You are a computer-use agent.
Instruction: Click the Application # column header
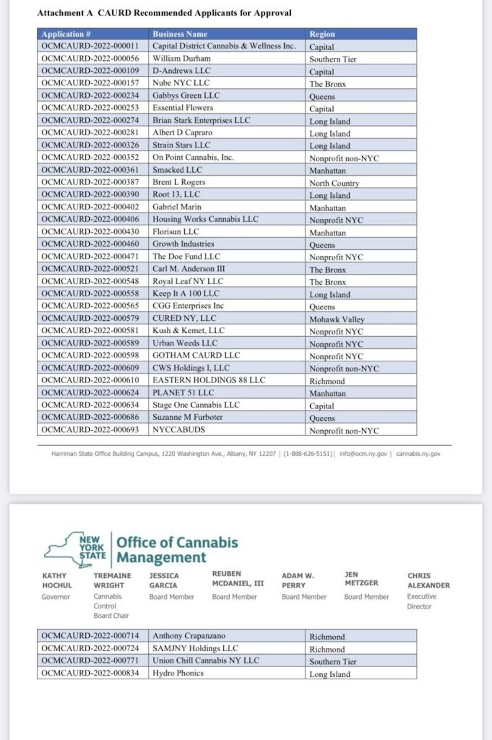[x=66, y=34]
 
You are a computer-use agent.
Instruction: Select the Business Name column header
[x=180, y=34]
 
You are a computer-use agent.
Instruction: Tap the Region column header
[x=322, y=34]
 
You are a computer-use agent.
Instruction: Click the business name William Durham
[x=182, y=58]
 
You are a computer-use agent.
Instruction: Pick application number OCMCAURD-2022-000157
[x=90, y=83]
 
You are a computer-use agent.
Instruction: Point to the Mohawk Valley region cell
[x=337, y=319]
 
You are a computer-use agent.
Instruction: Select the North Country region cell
[x=334, y=183]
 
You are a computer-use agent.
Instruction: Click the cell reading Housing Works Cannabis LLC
[x=205, y=219]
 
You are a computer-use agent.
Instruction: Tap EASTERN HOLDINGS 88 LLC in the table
[x=209, y=380]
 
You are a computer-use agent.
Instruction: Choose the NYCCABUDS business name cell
[x=179, y=429]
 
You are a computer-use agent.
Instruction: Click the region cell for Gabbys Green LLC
[x=322, y=96]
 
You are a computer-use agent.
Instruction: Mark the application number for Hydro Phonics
[x=90, y=673]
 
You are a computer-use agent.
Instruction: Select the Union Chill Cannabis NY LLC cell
[x=206, y=660]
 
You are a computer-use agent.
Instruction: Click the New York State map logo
[x=75, y=549]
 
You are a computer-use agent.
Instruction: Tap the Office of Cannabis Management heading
[x=177, y=549]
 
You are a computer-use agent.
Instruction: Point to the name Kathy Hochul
[x=57, y=580]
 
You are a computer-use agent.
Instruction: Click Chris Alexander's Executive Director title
[x=422, y=601]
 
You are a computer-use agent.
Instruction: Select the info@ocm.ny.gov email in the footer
[x=363, y=454]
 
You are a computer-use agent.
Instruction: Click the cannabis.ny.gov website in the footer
[x=418, y=454]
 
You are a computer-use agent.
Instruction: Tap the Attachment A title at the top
[x=164, y=13]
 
